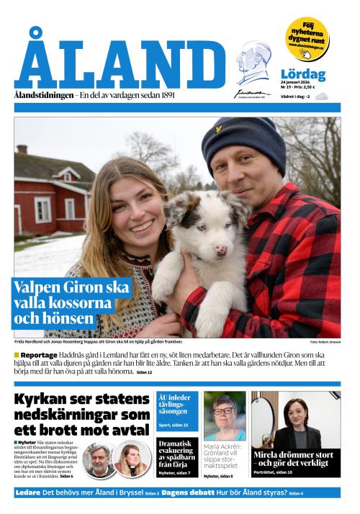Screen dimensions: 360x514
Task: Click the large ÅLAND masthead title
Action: click(119, 61)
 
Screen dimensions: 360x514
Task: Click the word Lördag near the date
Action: click(303, 74)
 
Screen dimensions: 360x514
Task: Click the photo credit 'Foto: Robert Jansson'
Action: click(325, 342)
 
